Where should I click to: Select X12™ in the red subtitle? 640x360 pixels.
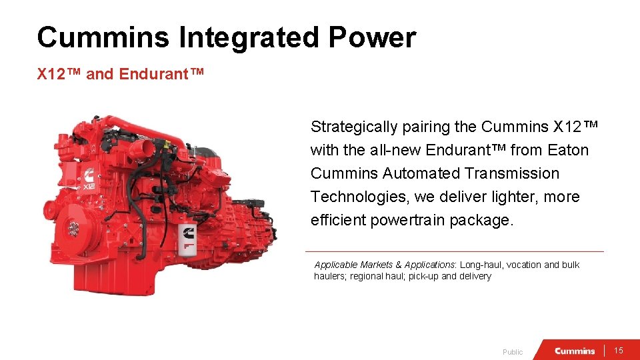(x=59, y=74)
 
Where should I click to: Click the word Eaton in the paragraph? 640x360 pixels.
(x=568, y=150)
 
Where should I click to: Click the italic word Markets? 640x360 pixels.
(x=383, y=265)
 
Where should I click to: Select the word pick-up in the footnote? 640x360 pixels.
(x=423, y=276)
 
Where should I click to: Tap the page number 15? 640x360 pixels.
(x=618, y=351)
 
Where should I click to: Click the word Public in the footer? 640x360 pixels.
(x=513, y=352)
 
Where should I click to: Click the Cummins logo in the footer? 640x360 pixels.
(x=575, y=351)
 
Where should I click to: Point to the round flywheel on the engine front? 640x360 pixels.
(x=73, y=230)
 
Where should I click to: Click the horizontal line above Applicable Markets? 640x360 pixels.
(x=453, y=251)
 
